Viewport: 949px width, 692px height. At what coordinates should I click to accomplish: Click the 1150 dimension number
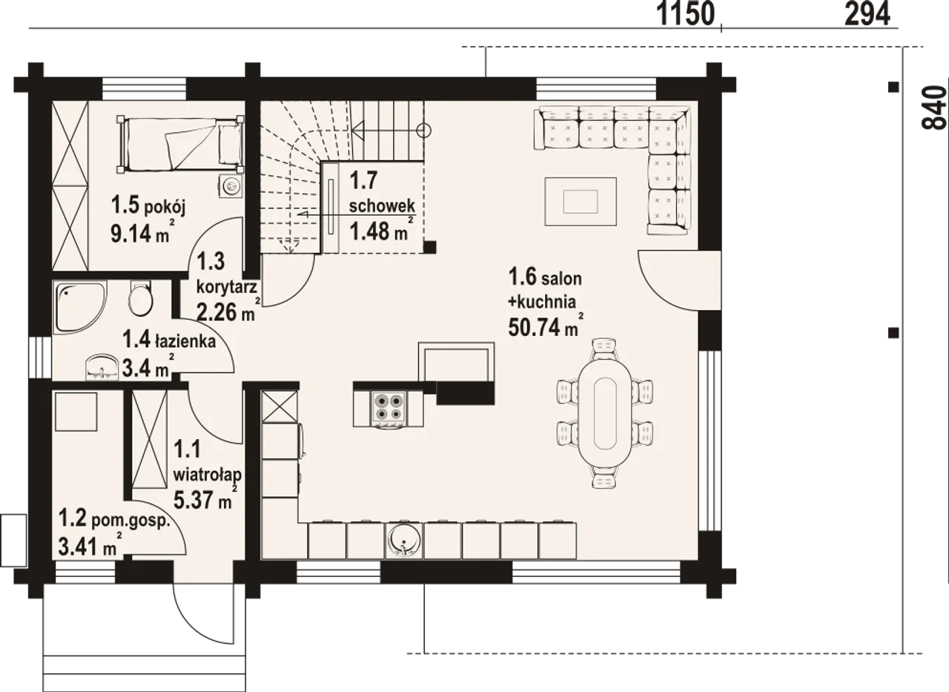686,14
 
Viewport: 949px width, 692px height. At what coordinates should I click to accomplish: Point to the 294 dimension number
867,14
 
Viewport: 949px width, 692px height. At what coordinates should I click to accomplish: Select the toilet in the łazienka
140,298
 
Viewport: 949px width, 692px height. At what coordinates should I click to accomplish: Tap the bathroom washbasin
102,367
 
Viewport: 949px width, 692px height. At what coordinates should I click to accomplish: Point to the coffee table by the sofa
581,202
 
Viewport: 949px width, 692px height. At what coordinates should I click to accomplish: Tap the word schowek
382,206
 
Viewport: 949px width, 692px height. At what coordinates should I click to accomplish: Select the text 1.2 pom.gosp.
114,519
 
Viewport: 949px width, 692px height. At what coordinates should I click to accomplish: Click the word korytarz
227,287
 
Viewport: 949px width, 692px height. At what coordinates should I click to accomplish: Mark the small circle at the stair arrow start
423,131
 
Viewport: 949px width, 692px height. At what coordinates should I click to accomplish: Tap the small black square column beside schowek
430,247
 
